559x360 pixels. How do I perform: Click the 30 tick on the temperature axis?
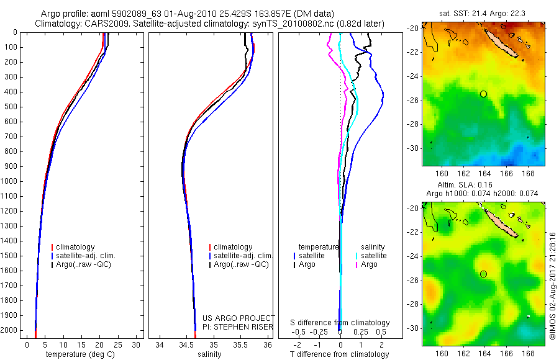pos(137,344)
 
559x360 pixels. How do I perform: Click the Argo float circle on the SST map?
pos(483,94)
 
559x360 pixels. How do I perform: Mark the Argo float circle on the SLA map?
pos(483,274)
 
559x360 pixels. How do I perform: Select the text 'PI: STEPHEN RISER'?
pos(238,326)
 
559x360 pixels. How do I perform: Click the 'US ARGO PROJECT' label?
pos(239,318)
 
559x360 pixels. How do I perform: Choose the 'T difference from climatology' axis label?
pos(340,354)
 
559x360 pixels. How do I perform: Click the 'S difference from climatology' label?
pos(340,323)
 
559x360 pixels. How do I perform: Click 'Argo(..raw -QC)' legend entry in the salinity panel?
pos(241,264)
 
